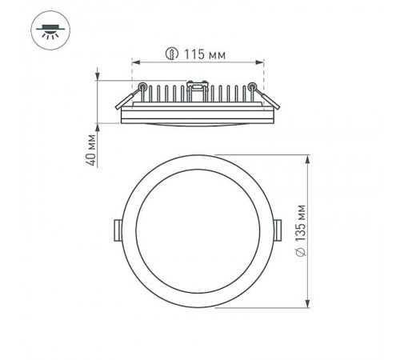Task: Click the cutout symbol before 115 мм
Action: (x=169, y=54)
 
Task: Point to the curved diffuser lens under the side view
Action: (x=198, y=125)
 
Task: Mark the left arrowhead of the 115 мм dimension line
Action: (x=135, y=62)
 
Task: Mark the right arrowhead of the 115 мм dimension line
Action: (x=261, y=62)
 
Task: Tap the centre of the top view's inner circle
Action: (x=198, y=230)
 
